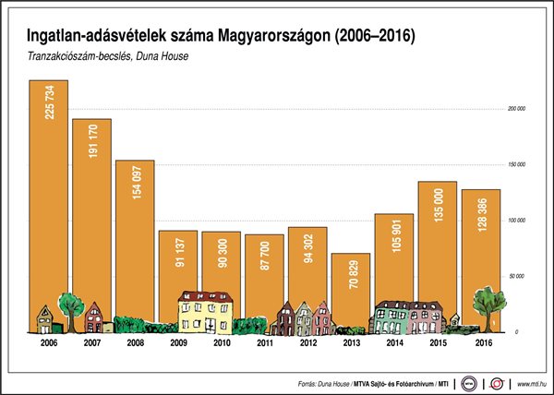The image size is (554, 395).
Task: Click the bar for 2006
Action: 48,203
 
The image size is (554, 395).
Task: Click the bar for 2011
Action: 264,277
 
